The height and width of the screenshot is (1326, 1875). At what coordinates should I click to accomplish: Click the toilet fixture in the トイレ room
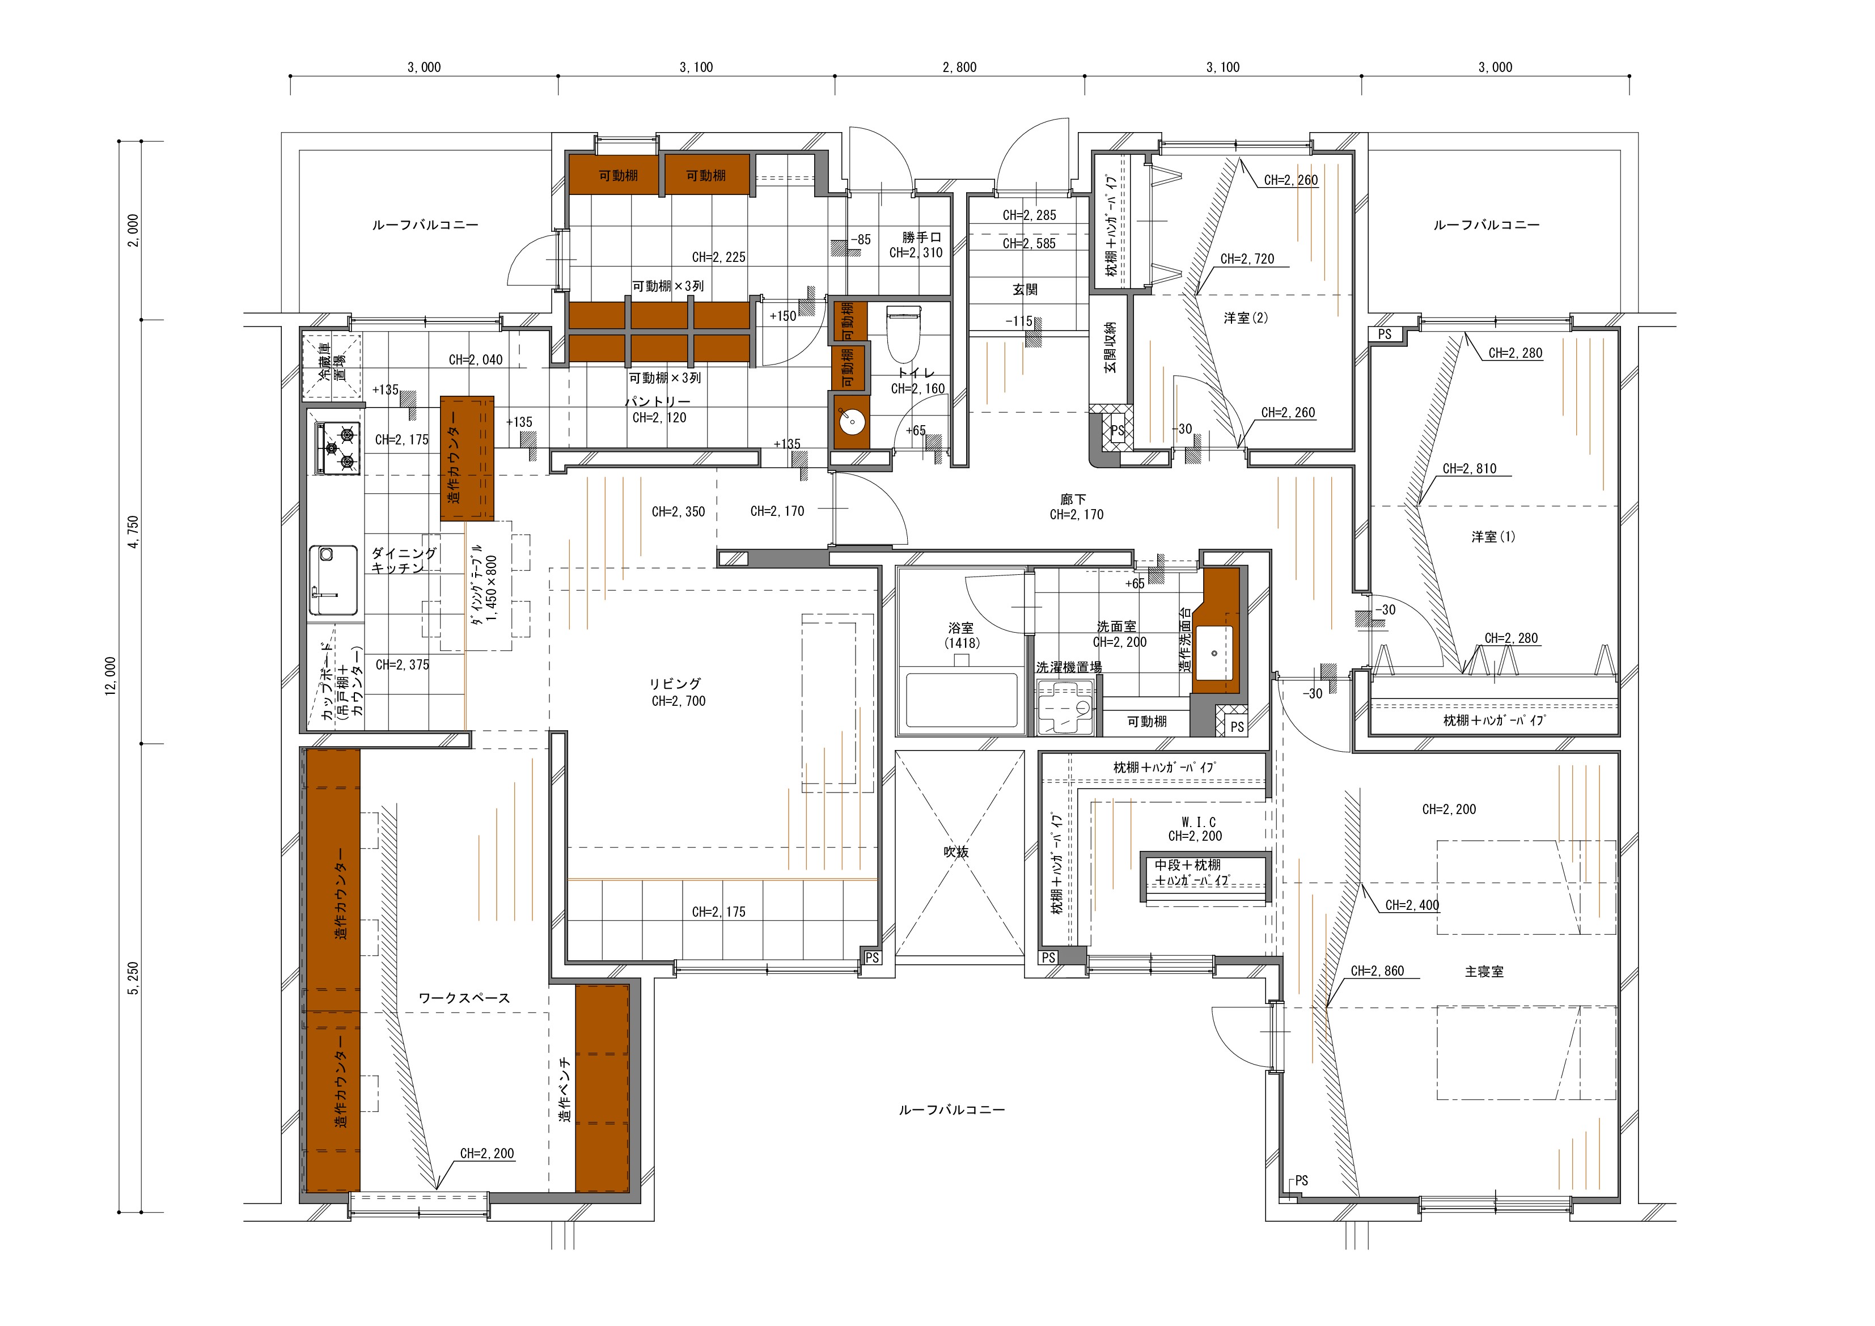(x=904, y=334)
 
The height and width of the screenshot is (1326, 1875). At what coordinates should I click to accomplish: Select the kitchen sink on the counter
(x=333, y=581)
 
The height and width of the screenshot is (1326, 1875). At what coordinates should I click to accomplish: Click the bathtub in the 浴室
(x=961, y=699)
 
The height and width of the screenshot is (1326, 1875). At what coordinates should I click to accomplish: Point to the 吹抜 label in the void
(x=956, y=851)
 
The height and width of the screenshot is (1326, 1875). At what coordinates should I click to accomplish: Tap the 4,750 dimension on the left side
(x=134, y=532)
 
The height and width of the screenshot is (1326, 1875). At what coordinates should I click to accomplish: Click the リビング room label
(x=675, y=684)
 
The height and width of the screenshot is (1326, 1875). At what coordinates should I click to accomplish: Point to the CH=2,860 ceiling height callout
(x=1377, y=971)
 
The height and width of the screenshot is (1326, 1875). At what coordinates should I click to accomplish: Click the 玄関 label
(x=1025, y=289)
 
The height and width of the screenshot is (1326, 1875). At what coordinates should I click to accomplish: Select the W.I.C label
(x=1198, y=821)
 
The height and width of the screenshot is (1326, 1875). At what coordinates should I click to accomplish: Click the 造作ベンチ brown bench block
(x=602, y=1088)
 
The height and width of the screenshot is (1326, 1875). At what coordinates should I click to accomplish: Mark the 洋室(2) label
(x=1246, y=317)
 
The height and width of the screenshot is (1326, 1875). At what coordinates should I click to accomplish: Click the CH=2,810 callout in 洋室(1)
(x=1469, y=469)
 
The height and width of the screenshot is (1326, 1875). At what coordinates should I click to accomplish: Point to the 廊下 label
(x=1073, y=499)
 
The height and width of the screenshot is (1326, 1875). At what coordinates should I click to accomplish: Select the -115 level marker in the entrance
(x=1019, y=321)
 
